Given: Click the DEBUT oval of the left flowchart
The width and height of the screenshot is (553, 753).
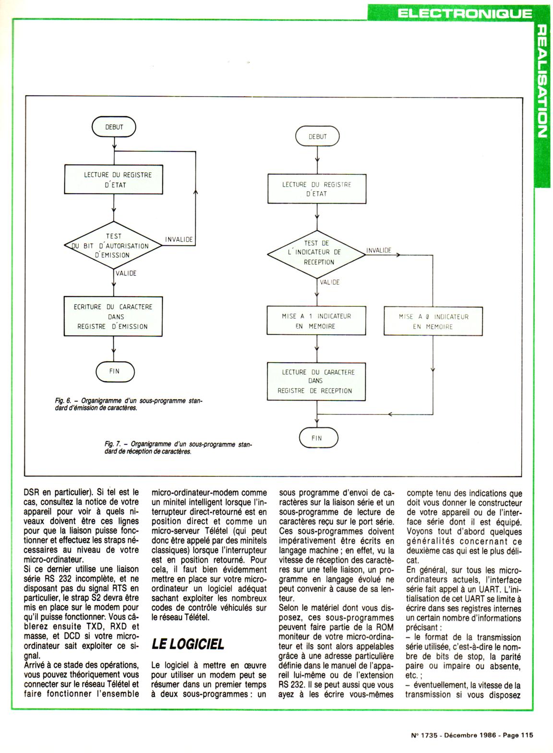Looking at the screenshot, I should (114, 127).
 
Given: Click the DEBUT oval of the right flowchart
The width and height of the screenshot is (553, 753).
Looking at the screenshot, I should (317, 137).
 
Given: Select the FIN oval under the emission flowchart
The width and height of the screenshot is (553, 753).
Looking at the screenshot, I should (114, 371).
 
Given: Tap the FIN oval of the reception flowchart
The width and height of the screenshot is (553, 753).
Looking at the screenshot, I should (317, 438).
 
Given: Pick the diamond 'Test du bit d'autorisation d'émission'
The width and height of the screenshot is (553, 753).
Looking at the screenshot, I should (114, 246).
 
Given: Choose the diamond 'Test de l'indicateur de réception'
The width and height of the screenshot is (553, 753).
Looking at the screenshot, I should (316, 253).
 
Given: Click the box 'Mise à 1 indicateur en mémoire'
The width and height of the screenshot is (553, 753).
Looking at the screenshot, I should (316, 321).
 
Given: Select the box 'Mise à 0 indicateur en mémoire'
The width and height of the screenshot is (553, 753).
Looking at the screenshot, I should (433, 322).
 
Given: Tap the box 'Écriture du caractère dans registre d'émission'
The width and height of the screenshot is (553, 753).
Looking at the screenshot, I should (114, 316).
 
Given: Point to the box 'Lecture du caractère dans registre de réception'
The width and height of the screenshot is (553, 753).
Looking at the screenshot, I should (316, 381).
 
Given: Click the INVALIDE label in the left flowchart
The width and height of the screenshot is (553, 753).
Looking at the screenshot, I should (179, 239).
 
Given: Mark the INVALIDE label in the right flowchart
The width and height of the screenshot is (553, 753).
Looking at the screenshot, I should (379, 250).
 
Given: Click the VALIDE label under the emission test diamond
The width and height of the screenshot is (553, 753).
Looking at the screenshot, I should (126, 273).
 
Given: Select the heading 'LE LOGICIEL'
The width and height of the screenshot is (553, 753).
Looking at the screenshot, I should (188, 644).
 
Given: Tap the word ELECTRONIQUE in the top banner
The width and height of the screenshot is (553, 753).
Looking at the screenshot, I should (465, 13).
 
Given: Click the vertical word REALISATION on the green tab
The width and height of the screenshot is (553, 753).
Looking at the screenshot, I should (541, 82).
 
